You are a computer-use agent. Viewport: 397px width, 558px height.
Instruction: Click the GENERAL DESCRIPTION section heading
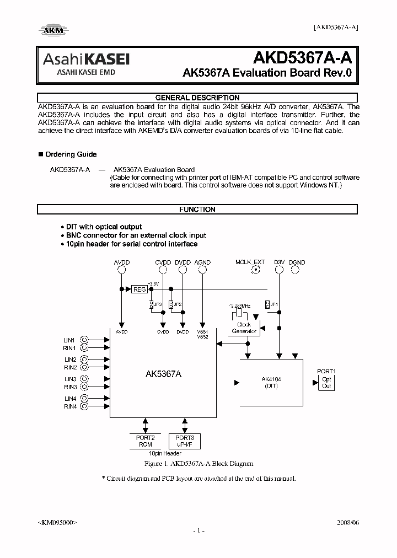[x=197, y=98]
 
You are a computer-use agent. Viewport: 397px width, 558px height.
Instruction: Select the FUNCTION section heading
[x=197, y=210]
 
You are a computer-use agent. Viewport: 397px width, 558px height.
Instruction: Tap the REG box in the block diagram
[x=140, y=289]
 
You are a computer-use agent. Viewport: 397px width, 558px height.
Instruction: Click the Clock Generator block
[x=244, y=328]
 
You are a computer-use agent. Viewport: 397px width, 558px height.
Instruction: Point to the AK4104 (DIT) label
[x=270, y=382]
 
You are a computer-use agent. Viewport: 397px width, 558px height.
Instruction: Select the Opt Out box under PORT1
[x=326, y=383]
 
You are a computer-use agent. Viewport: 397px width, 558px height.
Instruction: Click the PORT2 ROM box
[x=145, y=441]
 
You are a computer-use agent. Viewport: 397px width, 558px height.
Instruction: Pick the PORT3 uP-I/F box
[x=185, y=441]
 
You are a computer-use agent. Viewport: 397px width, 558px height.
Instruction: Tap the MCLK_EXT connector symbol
[x=255, y=270]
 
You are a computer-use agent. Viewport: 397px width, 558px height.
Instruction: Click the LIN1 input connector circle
[x=84, y=340]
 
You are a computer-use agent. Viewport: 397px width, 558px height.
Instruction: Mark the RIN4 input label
[x=70, y=406]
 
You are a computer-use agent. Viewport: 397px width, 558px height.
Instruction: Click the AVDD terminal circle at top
[x=121, y=270]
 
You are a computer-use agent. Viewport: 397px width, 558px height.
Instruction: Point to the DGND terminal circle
[x=297, y=270]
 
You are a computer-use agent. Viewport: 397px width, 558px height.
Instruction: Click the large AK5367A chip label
[x=163, y=374]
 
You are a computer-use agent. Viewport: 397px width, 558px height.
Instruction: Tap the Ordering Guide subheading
[x=71, y=154]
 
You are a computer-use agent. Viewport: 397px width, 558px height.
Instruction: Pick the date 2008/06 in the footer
[x=347, y=521]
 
